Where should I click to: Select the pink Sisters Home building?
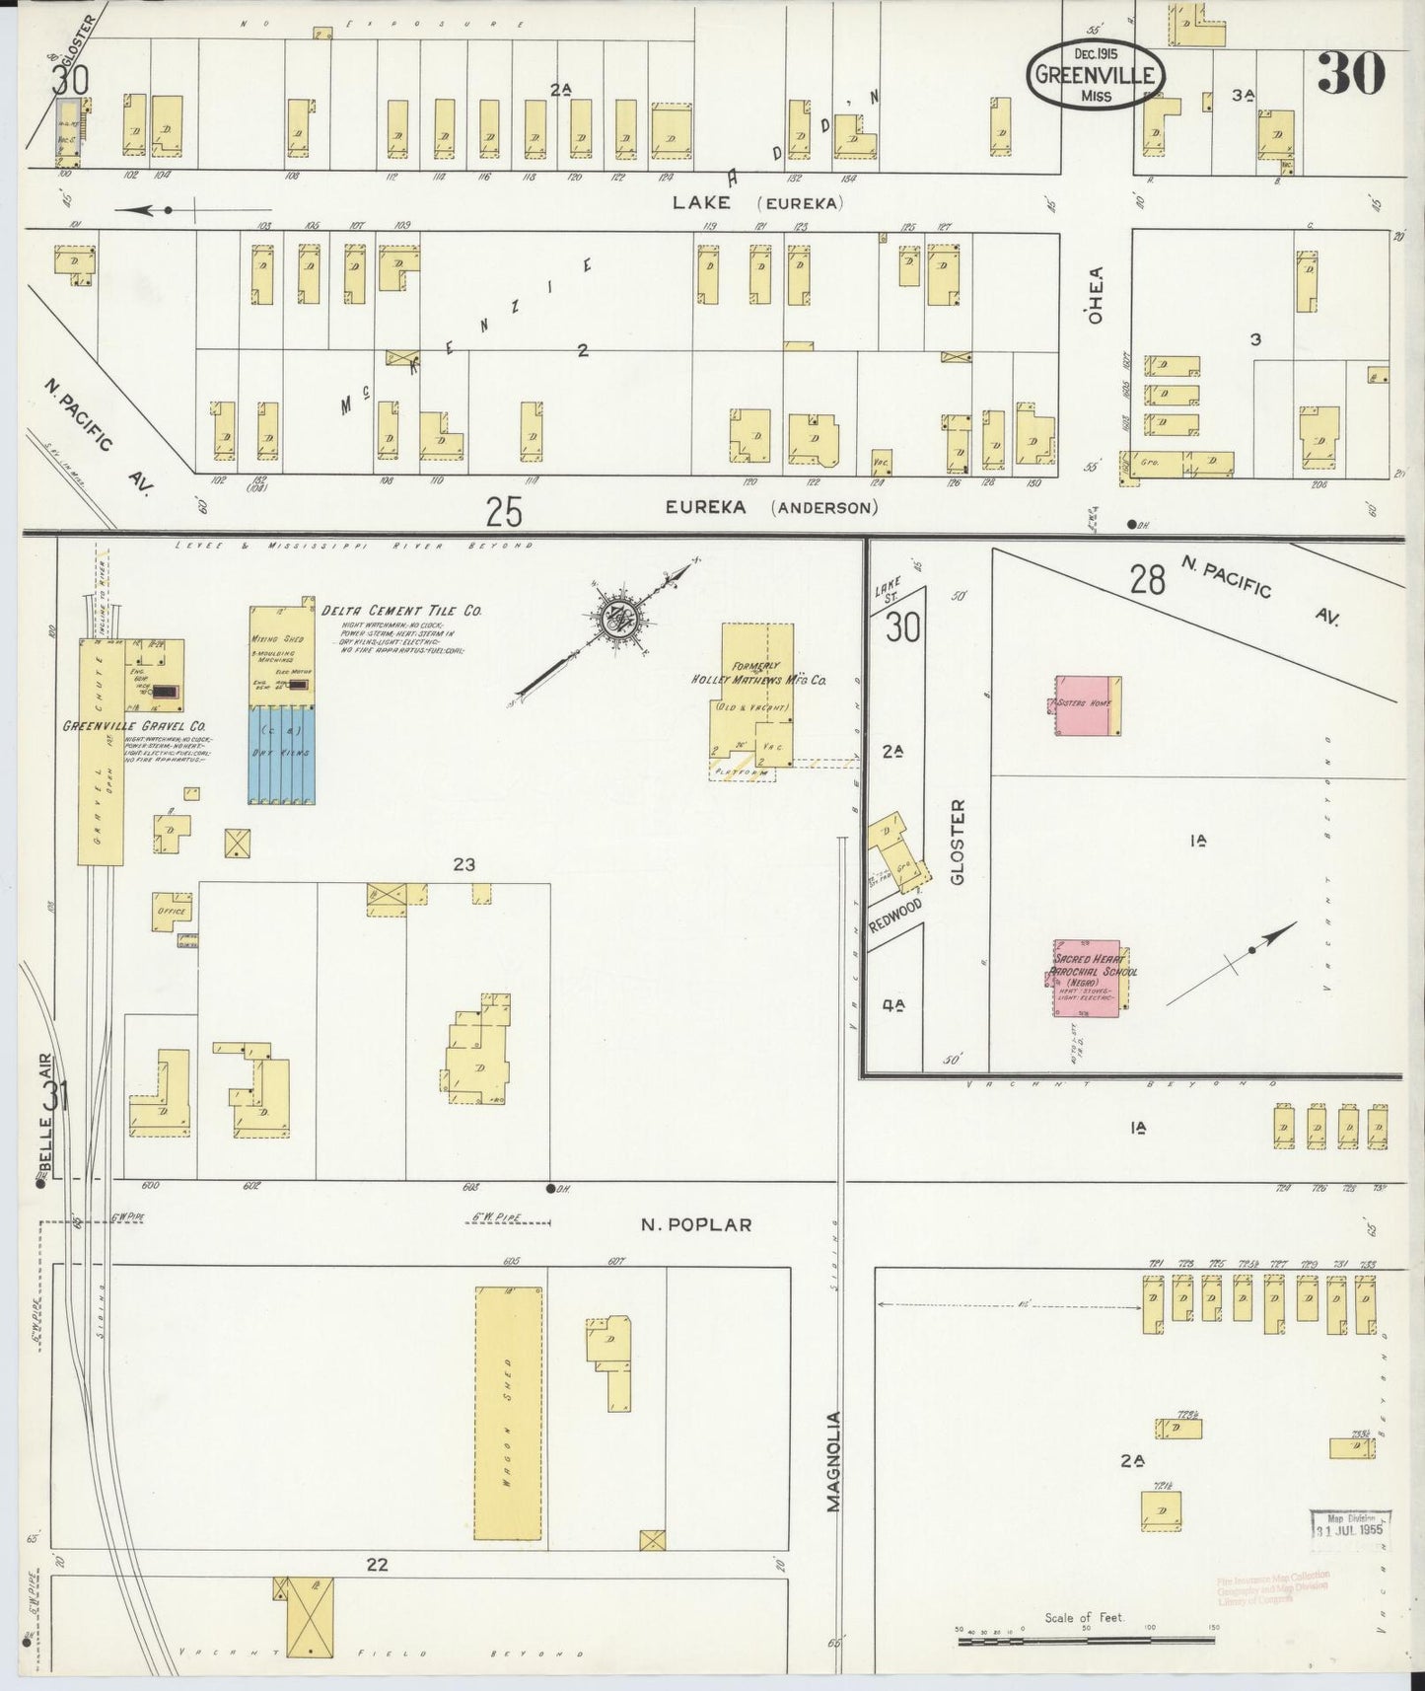point(1086,705)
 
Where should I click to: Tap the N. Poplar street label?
point(695,1224)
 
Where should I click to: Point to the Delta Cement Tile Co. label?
point(401,612)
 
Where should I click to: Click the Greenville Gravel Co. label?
point(133,726)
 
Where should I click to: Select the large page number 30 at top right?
point(1351,75)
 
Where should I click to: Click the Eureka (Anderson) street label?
point(770,508)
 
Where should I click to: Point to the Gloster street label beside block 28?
point(960,841)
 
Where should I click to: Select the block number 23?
point(463,865)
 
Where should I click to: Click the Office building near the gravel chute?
point(172,912)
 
